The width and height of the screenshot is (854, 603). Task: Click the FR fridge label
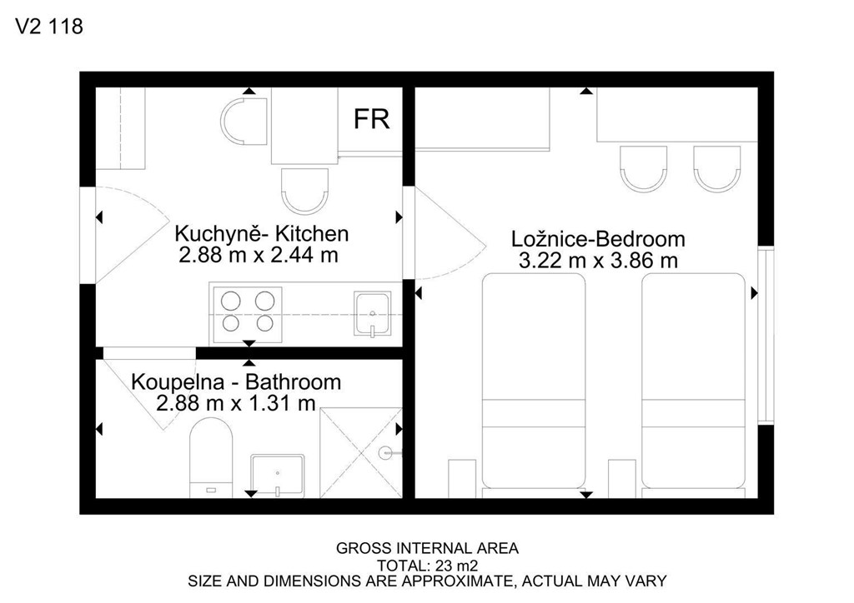(x=371, y=119)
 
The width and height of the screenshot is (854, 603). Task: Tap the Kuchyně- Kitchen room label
(x=261, y=234)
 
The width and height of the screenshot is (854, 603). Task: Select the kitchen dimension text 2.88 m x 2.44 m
(x=259, y=255)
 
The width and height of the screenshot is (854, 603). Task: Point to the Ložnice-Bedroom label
(x=598, y=239)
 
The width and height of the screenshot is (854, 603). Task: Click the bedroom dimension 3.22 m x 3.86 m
(x=598, y=261)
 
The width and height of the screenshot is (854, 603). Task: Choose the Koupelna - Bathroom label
(x=236, y=381)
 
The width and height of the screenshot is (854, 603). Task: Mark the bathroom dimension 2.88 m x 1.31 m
(x=236, y=403)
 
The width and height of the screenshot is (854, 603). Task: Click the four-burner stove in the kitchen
(x=248, y=314)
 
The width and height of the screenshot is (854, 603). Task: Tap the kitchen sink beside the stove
(x=373, y=314)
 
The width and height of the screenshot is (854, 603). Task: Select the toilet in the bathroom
(x=211, y=457)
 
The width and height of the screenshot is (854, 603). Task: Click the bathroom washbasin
(x=277, y=476)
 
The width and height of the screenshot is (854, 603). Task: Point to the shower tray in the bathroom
(x=360, y=452)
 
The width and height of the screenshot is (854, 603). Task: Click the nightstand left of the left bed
(x=462, y=478)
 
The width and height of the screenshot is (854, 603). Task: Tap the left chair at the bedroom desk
(x=644, y=168)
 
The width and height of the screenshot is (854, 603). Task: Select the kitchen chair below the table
(x=305, y=190)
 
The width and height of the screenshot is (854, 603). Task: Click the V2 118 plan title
(x=49, y=26)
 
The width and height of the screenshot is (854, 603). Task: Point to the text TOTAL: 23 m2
(x=428, y=565)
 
